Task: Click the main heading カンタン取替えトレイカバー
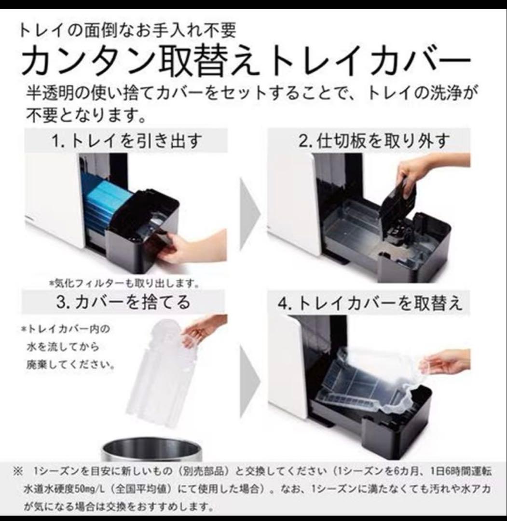(x=246, y=62)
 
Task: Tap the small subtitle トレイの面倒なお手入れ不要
(x=127, y=32)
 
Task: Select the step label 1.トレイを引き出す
(x=126, y=141)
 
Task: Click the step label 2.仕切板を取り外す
(x=374, y=141)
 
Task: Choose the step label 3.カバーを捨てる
(x=123, y=302)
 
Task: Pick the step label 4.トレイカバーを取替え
(x=370, y=303)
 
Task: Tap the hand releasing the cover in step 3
(x=203, y=328)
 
